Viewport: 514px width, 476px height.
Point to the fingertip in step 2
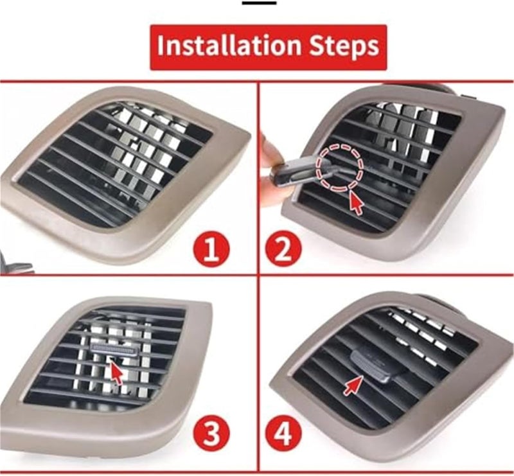pos(270,151)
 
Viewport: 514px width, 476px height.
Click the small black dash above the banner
pos(259,3)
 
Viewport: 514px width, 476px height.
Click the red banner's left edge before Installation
pos(154,47)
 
